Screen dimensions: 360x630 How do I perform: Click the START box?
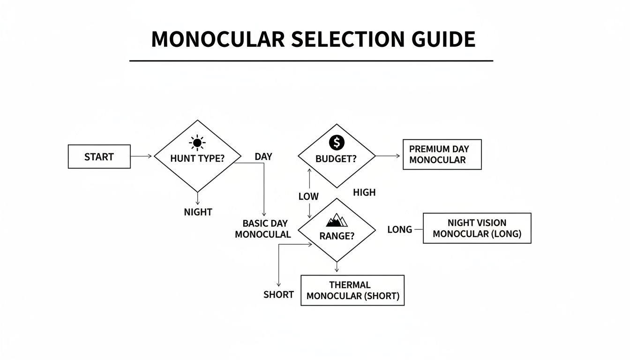tap(99, 157)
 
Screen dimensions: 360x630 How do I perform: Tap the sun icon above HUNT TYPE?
tap(197, 142)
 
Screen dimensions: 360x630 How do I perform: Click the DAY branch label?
tap(263, 157)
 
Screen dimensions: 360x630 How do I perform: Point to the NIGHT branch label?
tap(198, 212)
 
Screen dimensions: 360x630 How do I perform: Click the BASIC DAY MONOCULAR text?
tap(263, 229)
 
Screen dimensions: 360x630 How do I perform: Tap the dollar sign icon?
tap(337, 142)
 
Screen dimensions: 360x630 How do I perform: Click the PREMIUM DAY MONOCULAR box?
tap(442, 154)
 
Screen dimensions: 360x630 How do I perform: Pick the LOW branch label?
tap(308, 196)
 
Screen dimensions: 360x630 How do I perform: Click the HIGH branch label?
tap(364, 192)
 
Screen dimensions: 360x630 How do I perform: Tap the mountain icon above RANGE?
tap(337, 219)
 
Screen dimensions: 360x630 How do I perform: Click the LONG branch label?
tap(399, 229)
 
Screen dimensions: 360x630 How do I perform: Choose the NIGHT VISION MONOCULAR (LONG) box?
tap(477, 228)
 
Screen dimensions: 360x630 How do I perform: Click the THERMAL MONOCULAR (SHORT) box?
tap(352, 290)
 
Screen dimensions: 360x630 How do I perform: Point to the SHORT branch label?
tap(278, 294)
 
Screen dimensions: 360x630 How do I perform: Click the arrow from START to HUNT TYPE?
tap(141, 156)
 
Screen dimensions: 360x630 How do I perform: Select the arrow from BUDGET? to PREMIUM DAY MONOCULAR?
tap(388, 156)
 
